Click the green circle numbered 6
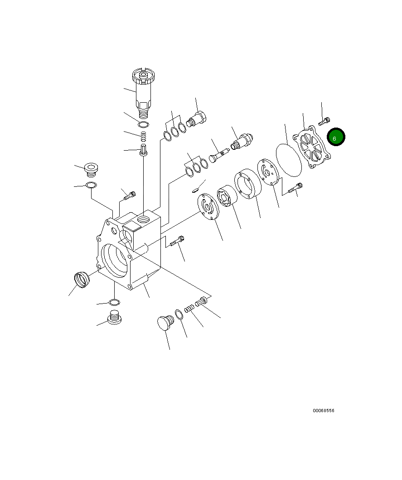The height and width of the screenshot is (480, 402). pyautogui.click(x=336, y=138)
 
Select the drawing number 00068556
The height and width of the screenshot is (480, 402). pyautogui.click(x=323, y=411)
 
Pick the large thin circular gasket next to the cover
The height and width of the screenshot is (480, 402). pyautogui.click(x=289, y=160)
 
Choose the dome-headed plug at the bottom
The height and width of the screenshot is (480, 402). pyautogui.click(x=165, y=323)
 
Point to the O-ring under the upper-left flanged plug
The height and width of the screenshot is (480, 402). pyautogui.click(x=91, y=185)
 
